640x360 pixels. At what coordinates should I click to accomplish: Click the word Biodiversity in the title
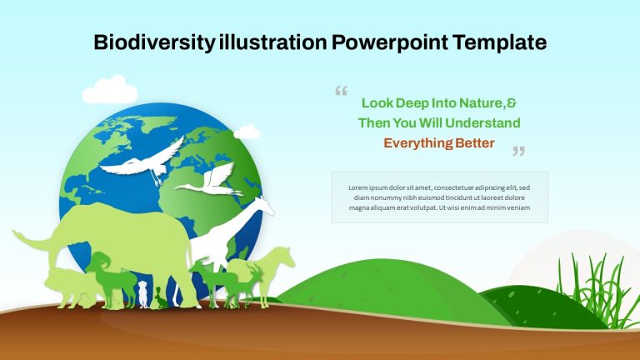click(154, 42)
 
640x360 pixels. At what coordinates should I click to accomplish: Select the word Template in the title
click(500, 42)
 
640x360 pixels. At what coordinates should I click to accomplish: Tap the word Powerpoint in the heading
click(389, 42)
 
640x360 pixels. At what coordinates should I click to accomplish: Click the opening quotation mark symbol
click(341, 91)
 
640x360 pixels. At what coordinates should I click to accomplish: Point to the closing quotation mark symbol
click(519, 151)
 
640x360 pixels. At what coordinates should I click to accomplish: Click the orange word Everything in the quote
click(417, 143)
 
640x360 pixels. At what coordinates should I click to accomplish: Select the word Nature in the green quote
click(482, 102)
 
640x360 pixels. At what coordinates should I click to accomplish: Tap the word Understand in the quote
click(482, 122)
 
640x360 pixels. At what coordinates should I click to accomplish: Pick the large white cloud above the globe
click(110, 90)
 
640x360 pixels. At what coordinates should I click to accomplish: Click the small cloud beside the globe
click(247, 132)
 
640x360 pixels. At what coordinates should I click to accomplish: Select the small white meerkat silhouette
click(142, 294)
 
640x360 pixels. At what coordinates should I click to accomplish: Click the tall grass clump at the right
click(597, 289)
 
